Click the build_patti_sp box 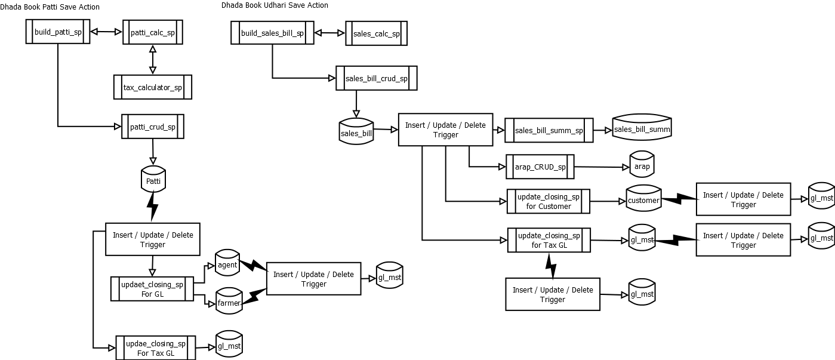58,32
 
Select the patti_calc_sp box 152,32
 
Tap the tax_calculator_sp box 152,87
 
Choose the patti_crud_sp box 152,127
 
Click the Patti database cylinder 153,179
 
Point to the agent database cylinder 227,263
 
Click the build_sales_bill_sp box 272,33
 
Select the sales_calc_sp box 376,34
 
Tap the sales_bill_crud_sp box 376,78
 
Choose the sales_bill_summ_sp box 549,130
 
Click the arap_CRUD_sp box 540,167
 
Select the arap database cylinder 642,166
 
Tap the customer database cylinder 643,199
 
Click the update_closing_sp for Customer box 548,201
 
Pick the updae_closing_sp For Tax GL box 155,348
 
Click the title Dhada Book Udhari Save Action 275,5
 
